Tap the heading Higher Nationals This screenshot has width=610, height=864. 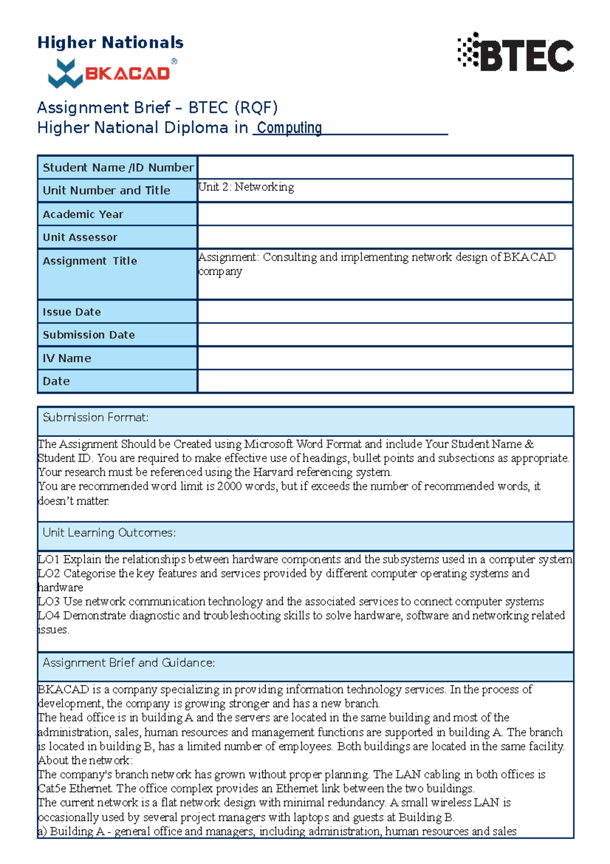[x=110, y=42]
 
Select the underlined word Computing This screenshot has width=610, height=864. [x=289, y=128]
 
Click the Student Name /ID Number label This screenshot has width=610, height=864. [x=117, y=167]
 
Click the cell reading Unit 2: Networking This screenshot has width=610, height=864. [x=246, y=187]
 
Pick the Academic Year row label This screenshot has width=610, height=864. [x=83, y=214]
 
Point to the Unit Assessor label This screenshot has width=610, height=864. [x=80, y=237]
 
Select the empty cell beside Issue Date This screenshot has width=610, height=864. [x=385, y=311]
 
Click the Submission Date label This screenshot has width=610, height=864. [x=88, y=335]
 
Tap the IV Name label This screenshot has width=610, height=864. [x=67, y=358]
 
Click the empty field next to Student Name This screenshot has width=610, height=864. [x=385, y=167]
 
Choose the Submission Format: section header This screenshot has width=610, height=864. [x=96, y=418]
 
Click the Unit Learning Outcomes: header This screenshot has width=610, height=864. [x=109, y=533]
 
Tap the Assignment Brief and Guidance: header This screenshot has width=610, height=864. [x=129, y=663]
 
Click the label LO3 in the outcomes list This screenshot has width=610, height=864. [x=48, y=601]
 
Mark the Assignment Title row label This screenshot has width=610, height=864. [x=90, y=261]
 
